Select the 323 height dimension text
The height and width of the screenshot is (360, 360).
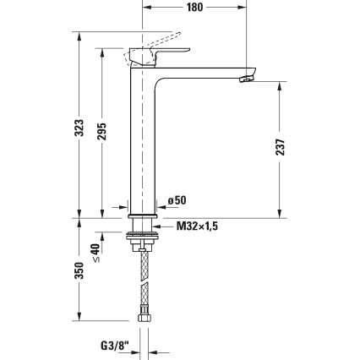[79, 128]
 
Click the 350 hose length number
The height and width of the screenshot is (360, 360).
[79, 270]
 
